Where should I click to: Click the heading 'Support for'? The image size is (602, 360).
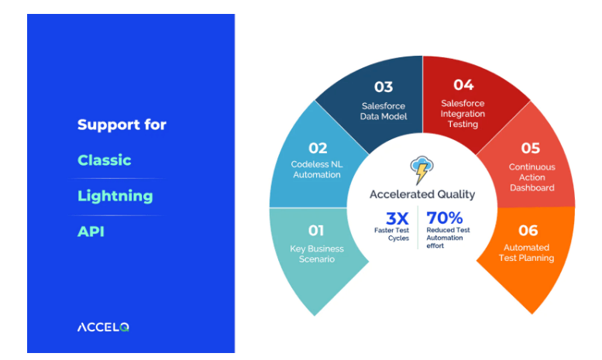[122, 125]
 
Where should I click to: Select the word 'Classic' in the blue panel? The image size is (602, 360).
[105, 160]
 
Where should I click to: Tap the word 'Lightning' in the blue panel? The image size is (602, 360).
[115, 196]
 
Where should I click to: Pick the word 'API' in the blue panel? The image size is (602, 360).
[91, 231]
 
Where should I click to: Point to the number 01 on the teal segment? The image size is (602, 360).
[317, 231]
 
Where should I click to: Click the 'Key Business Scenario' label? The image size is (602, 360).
[316, 254]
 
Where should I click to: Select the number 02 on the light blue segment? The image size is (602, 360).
[318, 148]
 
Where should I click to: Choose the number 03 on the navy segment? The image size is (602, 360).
[383, 87]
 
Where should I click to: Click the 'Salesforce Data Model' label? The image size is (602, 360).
[383, 111]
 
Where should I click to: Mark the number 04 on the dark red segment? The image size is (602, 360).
[463, 84]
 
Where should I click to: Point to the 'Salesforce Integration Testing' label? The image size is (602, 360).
[463, 113]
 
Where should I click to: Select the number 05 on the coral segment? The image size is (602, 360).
[531, 148]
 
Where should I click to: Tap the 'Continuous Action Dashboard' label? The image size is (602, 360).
[531, 177]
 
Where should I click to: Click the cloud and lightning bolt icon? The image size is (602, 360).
[422, 169]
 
